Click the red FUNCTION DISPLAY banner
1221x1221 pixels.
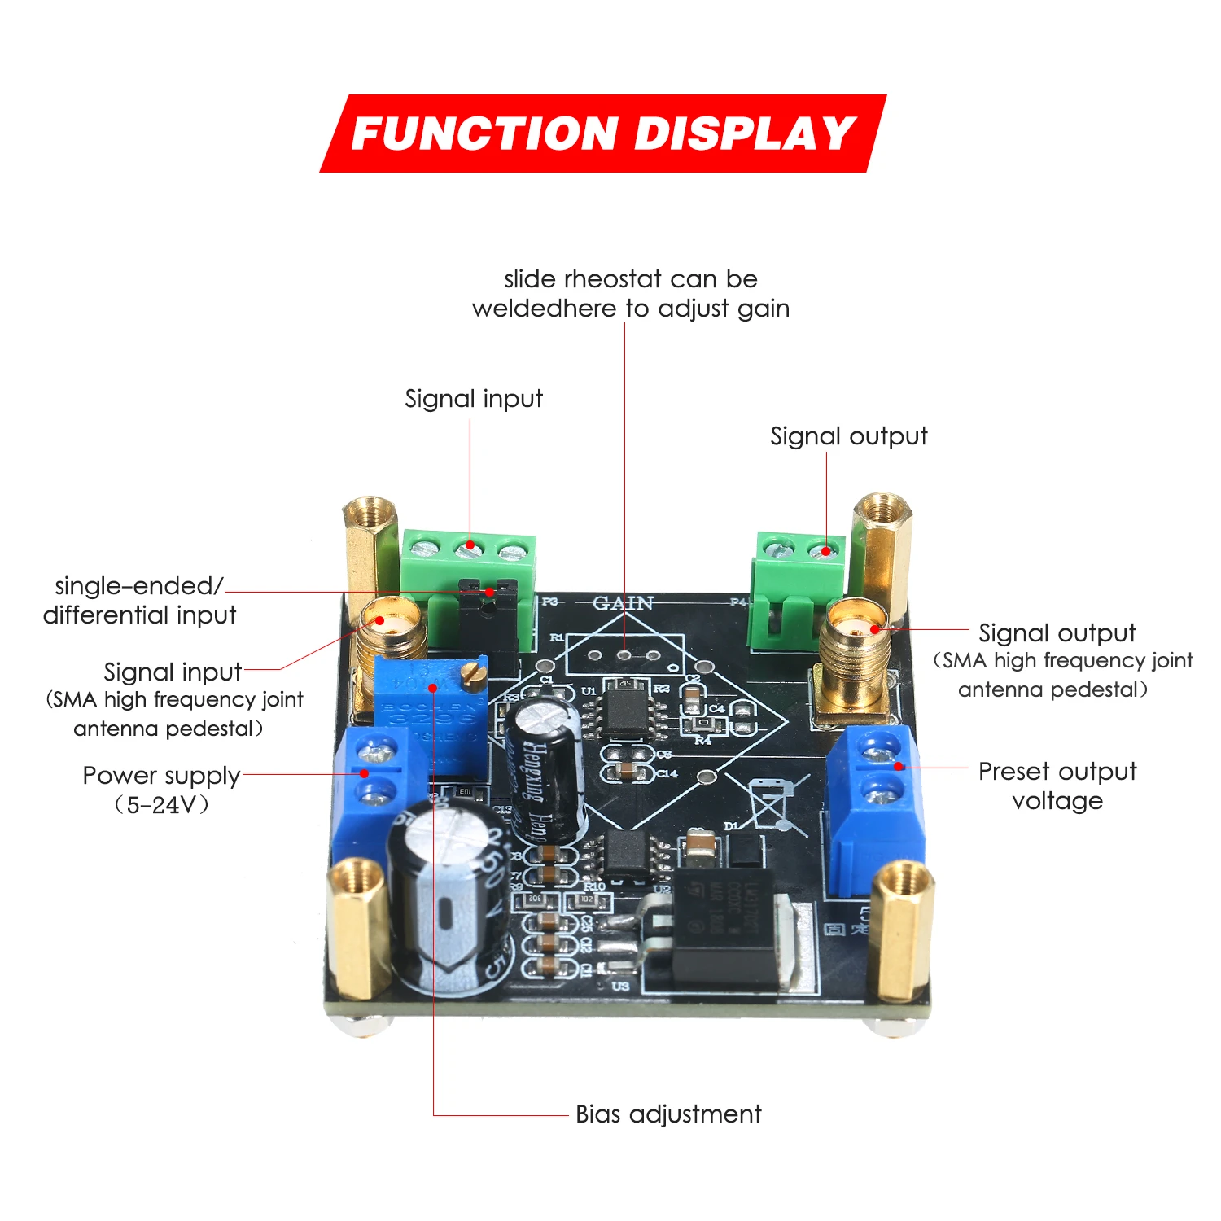pyautogui.click(x=602, y=133)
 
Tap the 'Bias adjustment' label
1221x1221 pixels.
pyautogui.click(x=667, y=1114)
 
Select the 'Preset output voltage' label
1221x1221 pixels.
pyautogui.click(x=1057, y=786)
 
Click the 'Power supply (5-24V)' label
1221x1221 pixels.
pyautogui.click(x=161, y=789)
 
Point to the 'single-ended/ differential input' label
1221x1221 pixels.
pyautogui.click(x=139, y=600)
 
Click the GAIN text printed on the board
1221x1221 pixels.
pyautogui.click(x=623, y=603)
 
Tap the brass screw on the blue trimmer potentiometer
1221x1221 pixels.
pyautogui.click(x=470, y=672)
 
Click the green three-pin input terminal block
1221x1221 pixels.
pyautogui.click(x=467, y=570)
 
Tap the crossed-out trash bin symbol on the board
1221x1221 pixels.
pyautogui.click(x=768, y=802)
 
